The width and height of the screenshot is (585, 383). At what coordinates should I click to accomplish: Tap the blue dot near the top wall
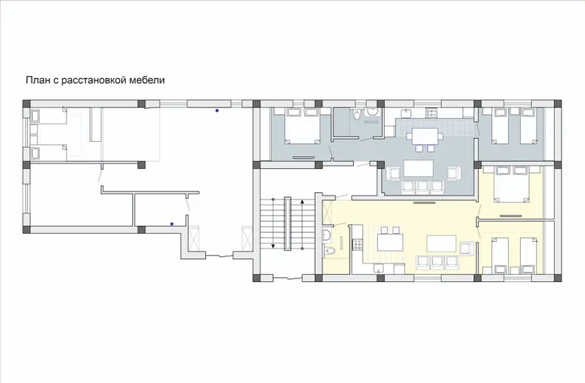[x=216, y=110]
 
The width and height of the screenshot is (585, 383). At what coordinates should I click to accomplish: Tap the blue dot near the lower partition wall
[x=172, y=224]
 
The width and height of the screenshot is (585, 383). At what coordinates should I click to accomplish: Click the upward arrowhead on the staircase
[x=302, y=202]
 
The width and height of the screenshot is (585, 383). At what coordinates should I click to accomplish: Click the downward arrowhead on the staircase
[x=273, y=246]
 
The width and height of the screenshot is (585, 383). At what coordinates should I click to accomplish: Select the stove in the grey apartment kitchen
[x=431, y=112]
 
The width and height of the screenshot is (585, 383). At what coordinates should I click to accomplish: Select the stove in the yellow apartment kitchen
[x=357, y=245]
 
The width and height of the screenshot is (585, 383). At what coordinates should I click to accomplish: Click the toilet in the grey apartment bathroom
[x=357, y=115]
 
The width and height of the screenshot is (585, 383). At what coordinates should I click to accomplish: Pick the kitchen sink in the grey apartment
[x=406, y=112]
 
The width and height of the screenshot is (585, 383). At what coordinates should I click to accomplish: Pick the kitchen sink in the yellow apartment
[x=378, y=268]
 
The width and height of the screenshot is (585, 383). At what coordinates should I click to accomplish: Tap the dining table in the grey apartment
[x=425, y=136]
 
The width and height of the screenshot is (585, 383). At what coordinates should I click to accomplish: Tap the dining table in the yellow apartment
[x=390, y=243]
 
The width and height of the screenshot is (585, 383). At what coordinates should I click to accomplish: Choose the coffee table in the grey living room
[x=418, y=168]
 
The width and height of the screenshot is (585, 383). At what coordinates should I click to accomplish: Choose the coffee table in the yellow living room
[x=442, y=243]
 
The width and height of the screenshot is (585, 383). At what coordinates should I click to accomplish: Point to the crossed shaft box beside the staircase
[x=247, y=238]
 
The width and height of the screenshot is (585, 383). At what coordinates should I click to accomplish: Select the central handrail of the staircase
[x=287, y=224]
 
